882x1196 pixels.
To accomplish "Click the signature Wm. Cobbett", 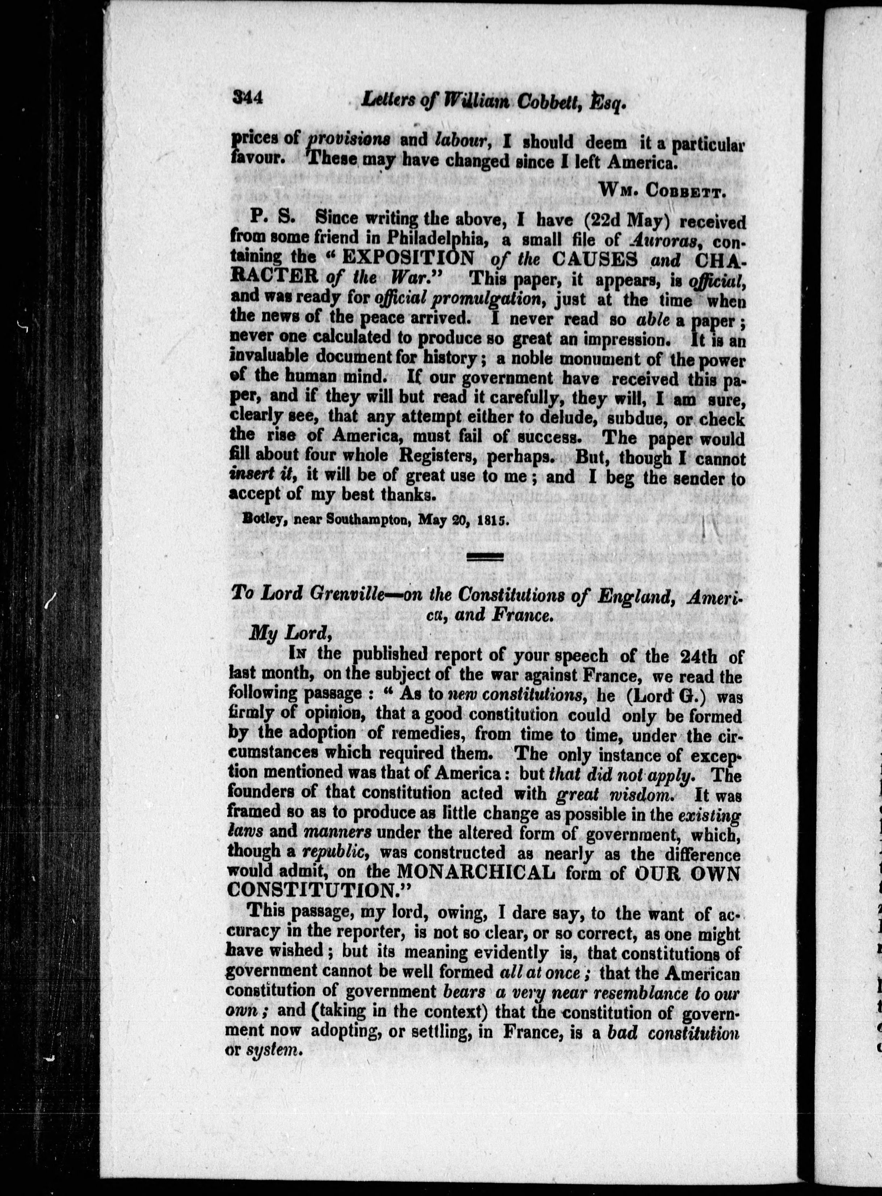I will pos(661,188).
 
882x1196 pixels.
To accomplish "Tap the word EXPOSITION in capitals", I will pos(408,259).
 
